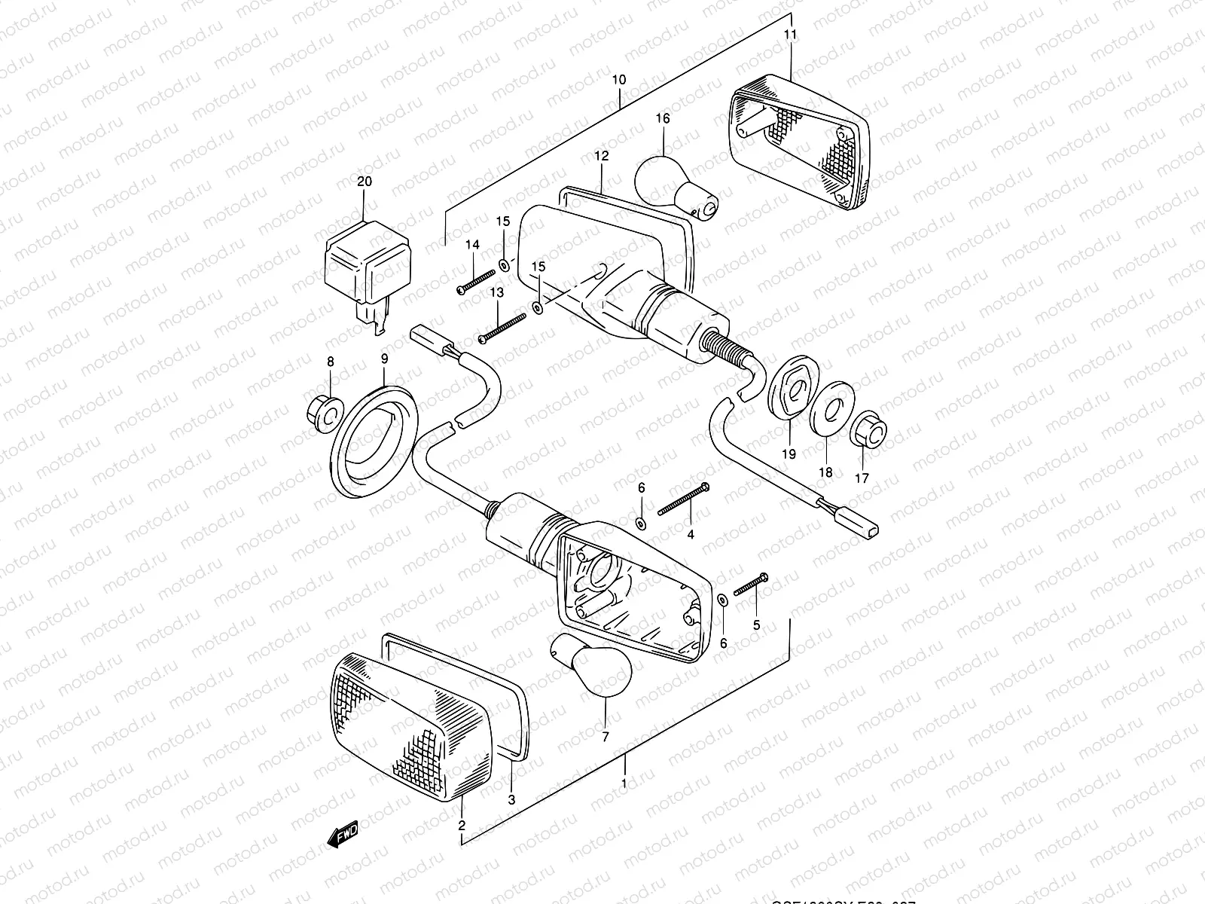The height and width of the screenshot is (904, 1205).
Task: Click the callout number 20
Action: click(x=365, y=182)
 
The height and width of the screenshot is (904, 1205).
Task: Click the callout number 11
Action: click(x=791, y=35)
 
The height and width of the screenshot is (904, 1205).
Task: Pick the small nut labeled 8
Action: click(x=324, y=410)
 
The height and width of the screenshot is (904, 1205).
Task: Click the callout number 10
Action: click(x=618, y=79)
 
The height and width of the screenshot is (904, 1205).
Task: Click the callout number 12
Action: click(x=600, y=156)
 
